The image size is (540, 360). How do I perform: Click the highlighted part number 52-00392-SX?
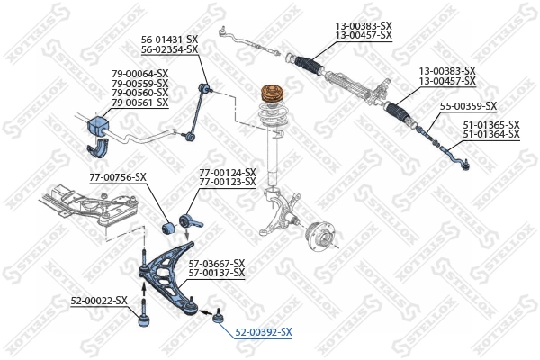(263, 332)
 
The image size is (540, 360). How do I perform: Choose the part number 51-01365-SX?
(491, 124)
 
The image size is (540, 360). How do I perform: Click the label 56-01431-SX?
(169, 39)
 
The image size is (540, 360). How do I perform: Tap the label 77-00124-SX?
(227, 172)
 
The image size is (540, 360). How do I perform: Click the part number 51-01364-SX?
(491, 134)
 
